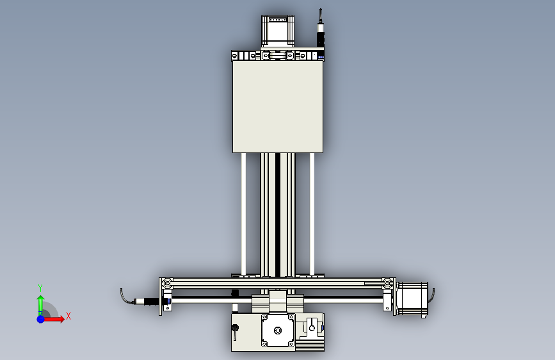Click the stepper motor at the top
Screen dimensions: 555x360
278,31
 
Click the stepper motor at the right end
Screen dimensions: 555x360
412,299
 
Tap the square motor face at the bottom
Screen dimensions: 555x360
278,331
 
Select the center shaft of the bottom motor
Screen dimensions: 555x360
278,331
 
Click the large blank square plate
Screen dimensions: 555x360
278,107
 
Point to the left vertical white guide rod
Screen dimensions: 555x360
243,214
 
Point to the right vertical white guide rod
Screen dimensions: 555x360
312,214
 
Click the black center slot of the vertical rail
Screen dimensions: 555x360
278,215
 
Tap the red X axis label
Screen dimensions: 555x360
68,316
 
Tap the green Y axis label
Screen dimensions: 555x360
40,288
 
